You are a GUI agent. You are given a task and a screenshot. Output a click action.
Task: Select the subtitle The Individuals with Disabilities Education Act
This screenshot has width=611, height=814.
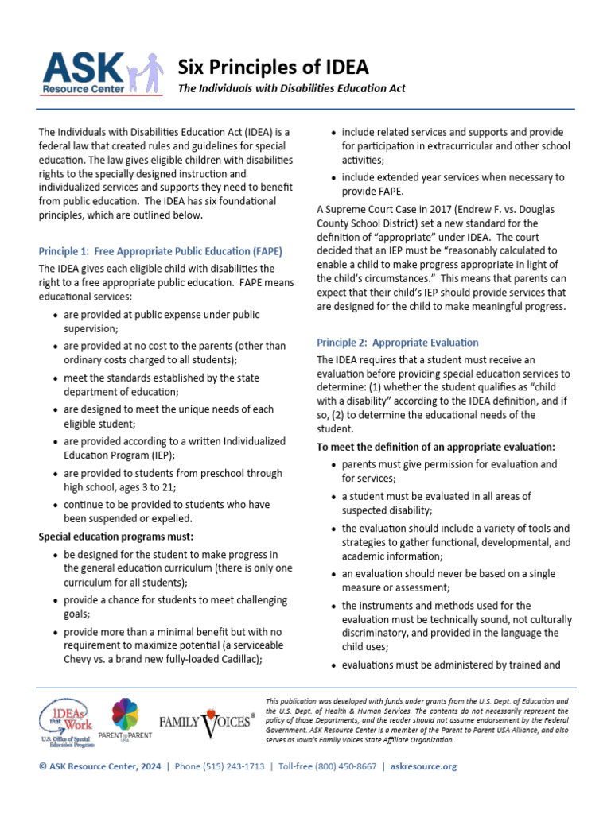(x=291, y=89)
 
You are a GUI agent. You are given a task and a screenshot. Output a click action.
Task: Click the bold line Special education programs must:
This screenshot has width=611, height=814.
(x=116, y=537)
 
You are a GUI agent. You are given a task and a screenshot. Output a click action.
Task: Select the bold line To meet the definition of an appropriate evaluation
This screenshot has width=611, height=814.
(x=436, y=448)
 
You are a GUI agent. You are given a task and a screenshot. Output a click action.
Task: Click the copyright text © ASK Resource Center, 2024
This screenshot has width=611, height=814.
(x=99, y=766)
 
